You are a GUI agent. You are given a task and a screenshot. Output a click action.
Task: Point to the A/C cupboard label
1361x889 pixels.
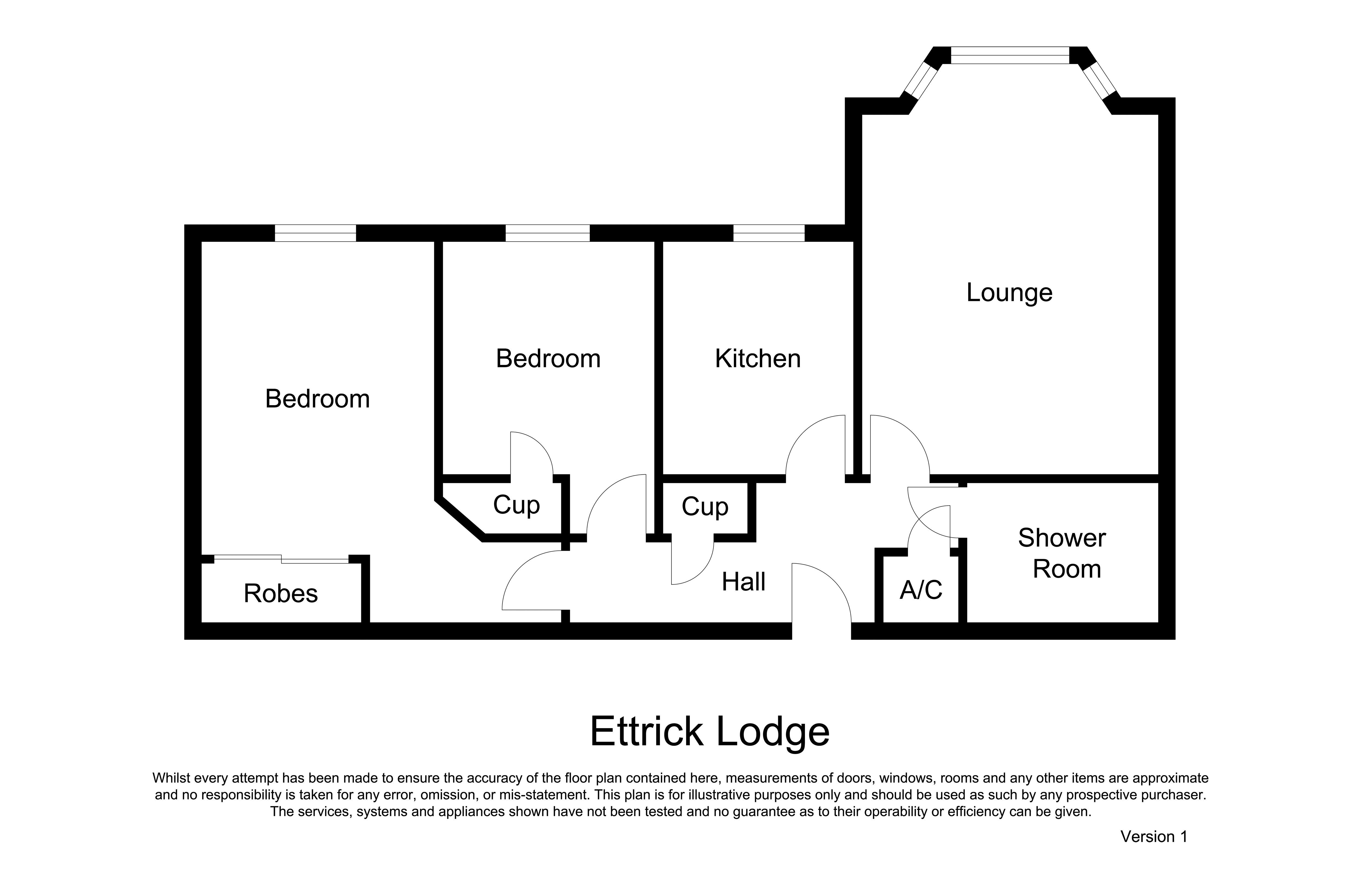tap(921, 590)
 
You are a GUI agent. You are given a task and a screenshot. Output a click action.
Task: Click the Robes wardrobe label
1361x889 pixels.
tap(280, 593)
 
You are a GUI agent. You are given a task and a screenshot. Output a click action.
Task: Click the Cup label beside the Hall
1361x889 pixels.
tap(704, 506)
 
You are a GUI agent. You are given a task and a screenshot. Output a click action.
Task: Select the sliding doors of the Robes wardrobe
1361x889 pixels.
tap(281, 559)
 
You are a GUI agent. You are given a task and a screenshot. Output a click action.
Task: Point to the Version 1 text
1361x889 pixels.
tap(1153, 836)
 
